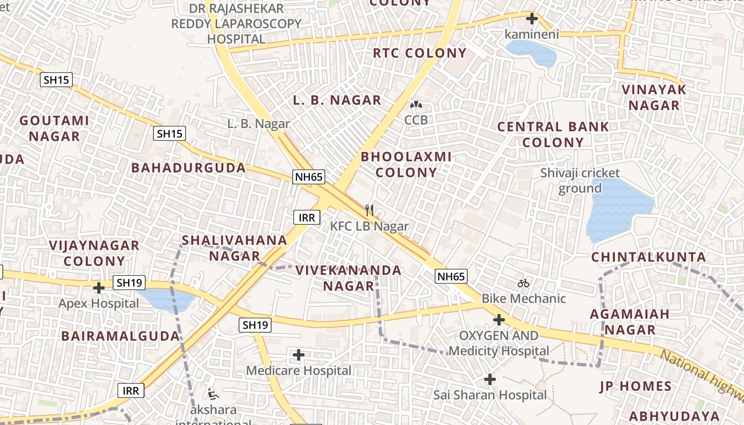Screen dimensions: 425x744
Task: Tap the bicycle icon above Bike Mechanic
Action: coord(523,283)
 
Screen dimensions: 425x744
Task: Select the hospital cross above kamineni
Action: coord(531,19)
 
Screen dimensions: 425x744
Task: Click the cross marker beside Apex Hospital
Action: coord(99,288)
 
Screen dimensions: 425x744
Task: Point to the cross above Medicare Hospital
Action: coord(299,354)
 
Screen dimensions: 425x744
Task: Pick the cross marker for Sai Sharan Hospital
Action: coord(490,379)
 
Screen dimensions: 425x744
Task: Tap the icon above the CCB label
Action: coord(416,105)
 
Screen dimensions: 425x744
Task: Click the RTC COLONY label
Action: coord(419,53)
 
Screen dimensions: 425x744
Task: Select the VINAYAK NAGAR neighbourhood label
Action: coord(654,97)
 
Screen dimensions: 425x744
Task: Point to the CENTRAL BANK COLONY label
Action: coord(553,134)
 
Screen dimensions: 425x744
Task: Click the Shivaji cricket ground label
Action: coord(580,181)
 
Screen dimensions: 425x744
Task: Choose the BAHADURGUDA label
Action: coord(189,168)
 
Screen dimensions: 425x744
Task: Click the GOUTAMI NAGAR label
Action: coord(54,129)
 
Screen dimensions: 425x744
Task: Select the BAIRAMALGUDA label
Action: coord(121,336)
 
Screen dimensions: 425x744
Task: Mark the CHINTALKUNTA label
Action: coord(649,257)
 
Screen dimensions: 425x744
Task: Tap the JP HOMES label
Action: coord(636,386)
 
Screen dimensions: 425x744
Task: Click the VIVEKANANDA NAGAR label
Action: coord(349,278)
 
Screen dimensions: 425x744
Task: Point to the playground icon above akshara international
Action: coord(213,394)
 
